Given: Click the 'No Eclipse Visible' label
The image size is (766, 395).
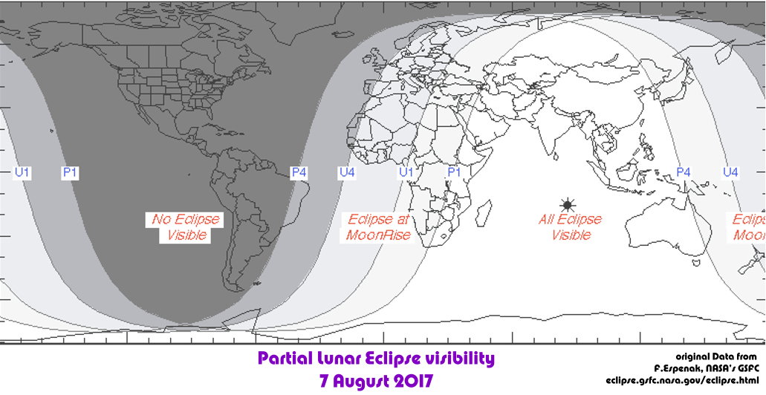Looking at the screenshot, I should tap(186, 227).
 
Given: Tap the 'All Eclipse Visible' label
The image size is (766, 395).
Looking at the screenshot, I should tap(570, 227).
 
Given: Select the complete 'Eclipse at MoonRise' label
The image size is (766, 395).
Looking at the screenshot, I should tap(379, 227).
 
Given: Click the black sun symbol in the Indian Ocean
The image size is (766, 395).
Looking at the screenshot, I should tap(568, 204).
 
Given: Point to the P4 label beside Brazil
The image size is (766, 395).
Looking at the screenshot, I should tap(299, 172).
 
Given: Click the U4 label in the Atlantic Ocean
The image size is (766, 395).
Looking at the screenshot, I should tap(346, 172).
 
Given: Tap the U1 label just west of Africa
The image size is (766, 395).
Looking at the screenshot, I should tap(406, 172).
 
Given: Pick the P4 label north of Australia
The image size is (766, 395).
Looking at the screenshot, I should tap(684, 172).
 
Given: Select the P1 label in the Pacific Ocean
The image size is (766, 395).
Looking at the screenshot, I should tap(71, 172).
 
